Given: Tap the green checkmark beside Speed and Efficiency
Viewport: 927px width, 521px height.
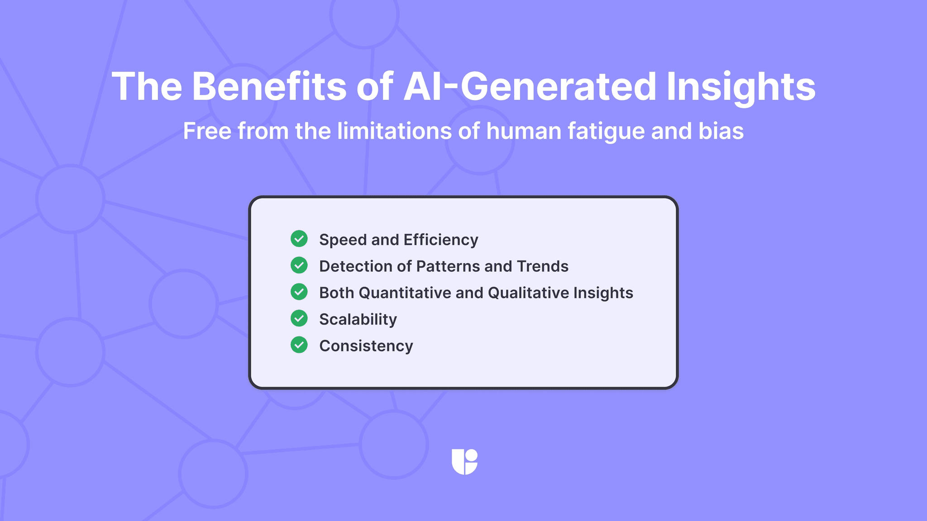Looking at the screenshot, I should (299, 238).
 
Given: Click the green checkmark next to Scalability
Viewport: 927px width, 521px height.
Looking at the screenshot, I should (299, 318).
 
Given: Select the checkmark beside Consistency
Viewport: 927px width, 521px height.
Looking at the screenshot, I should (299, 345).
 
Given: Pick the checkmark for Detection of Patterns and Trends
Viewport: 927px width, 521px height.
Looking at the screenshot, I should (299, 265).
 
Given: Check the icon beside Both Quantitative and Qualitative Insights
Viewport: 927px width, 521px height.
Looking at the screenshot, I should (299, 292).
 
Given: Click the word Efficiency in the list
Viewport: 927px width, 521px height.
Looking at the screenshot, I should (440, 240).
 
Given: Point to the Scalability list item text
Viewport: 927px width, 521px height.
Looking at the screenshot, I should (358, 319).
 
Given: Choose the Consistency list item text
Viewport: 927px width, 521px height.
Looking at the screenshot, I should (366, 346).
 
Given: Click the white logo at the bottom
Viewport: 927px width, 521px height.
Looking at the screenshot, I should (464, 462).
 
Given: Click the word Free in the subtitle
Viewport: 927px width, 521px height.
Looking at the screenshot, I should (207, 131).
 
